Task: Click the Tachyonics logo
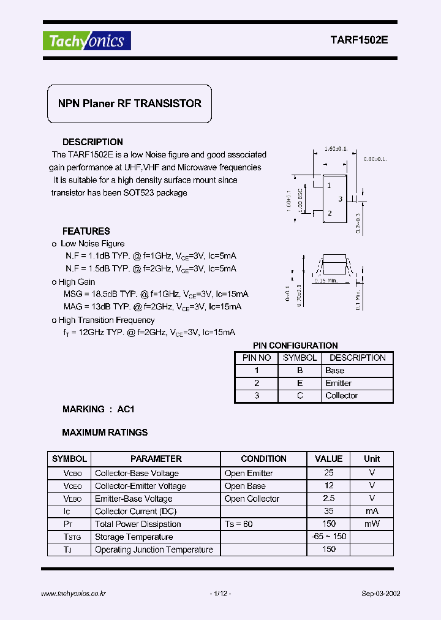click(86, 41)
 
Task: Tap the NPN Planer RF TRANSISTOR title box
click(130, 104)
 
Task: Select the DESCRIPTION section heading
click(92, 142)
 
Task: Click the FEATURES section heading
click(86, 231)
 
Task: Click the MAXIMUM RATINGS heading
click(105, 433)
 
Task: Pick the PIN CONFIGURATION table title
click(295, 346)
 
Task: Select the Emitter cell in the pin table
click(338, 383)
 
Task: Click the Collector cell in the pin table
click(341, 396)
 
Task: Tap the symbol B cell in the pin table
click(300, 371)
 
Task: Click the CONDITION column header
click(263, 459)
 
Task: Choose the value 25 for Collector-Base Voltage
click(329, 473)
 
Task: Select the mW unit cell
click(372, 524)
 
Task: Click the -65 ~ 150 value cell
click(329, 537)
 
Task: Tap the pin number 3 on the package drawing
click(340, 199)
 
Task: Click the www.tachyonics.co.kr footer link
click(73, 594)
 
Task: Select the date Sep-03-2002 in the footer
click(381, 594)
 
